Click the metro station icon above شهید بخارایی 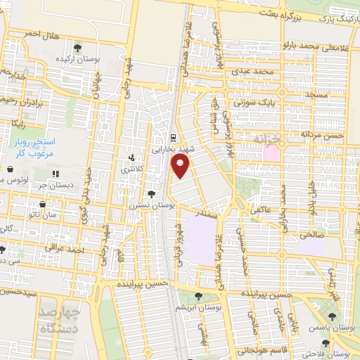(174, 137)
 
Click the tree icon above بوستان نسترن (151, 193)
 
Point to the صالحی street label (309, 235)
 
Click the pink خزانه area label (268, 139)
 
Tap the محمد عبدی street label (254, 72)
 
